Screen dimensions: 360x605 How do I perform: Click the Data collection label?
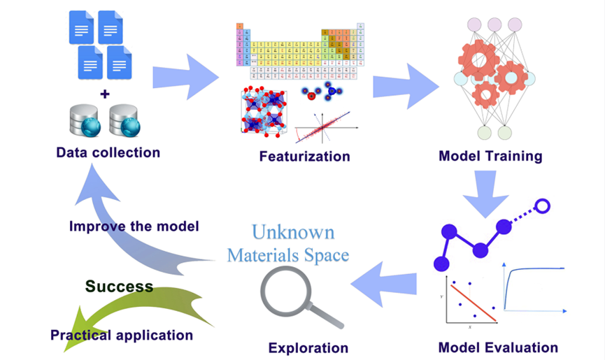coord(108,152)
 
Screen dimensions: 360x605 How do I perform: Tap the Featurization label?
coord(304,156)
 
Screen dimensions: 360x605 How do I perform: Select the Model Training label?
coord(490,155)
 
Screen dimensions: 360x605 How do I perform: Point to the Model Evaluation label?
coord(498,347)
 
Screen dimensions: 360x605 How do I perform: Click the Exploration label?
coord(308,347)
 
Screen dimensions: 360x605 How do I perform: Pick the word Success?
coord(119,287)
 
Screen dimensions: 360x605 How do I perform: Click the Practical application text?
coord(121,335)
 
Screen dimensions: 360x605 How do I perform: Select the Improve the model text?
coord(134,226)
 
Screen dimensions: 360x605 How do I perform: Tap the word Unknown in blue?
coord(293,232)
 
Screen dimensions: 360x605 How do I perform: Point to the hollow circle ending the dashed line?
coord(543,206)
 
